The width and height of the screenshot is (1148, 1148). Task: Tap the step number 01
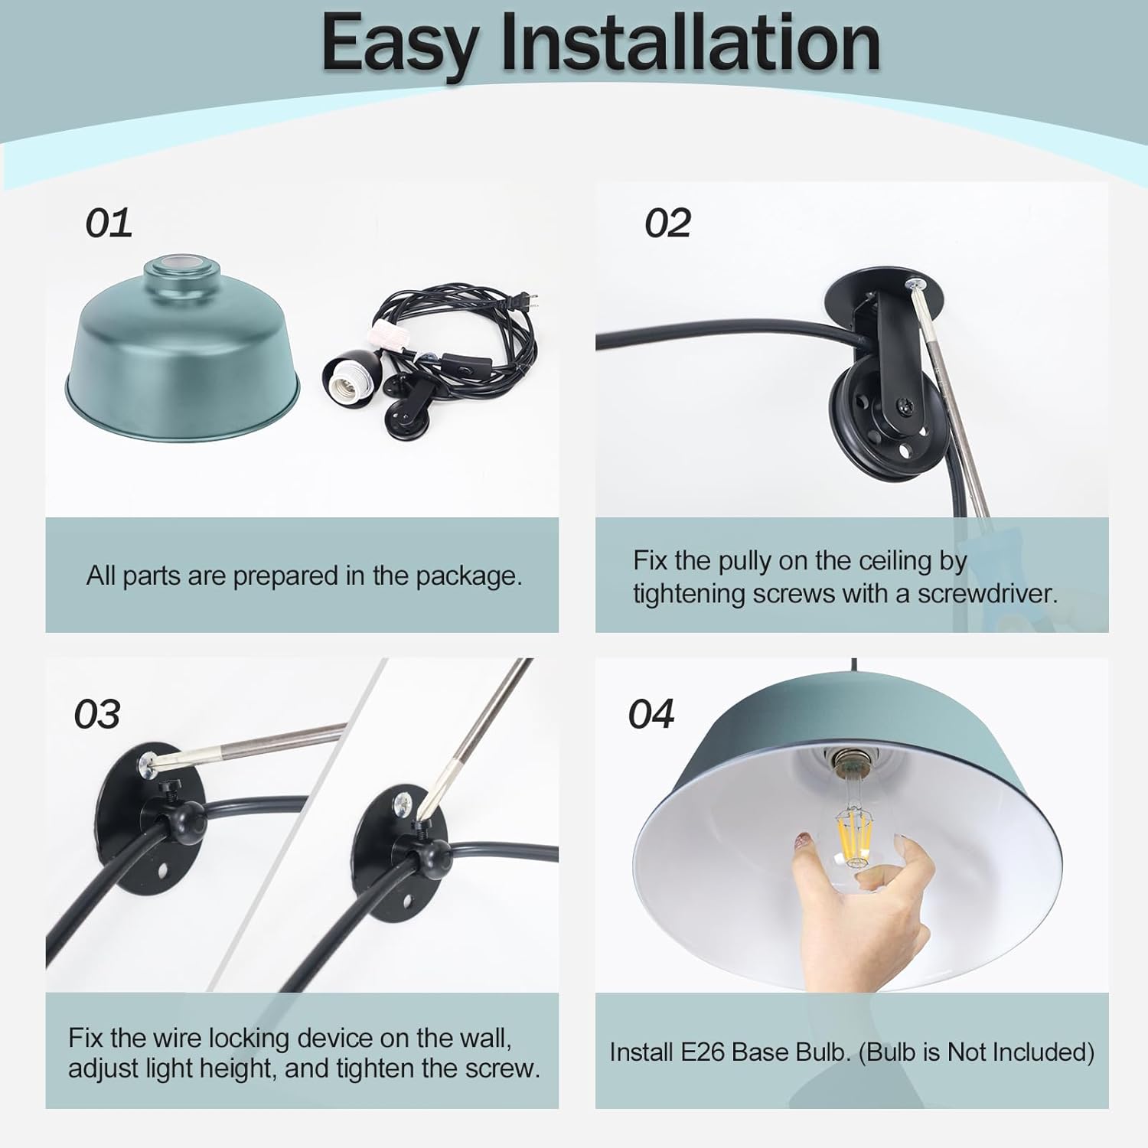[109, 223]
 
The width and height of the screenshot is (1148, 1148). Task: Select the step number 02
[667, 223]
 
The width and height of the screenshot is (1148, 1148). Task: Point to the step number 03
[97, 714]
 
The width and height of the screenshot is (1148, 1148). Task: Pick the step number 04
[651, 714]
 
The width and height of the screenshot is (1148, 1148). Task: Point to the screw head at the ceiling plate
[916, 286]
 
